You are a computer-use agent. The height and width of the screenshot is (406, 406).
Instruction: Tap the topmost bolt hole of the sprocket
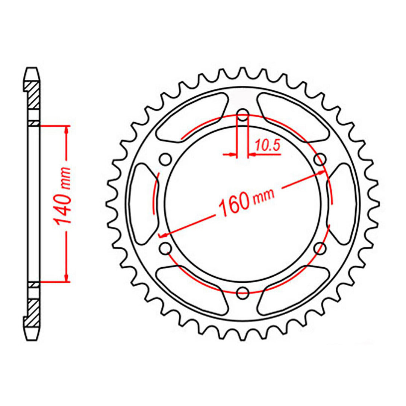[243, 115]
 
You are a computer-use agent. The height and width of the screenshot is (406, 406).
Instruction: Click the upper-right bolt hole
[320, 160]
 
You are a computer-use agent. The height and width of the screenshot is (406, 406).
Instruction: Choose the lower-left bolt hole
[166, 248]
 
